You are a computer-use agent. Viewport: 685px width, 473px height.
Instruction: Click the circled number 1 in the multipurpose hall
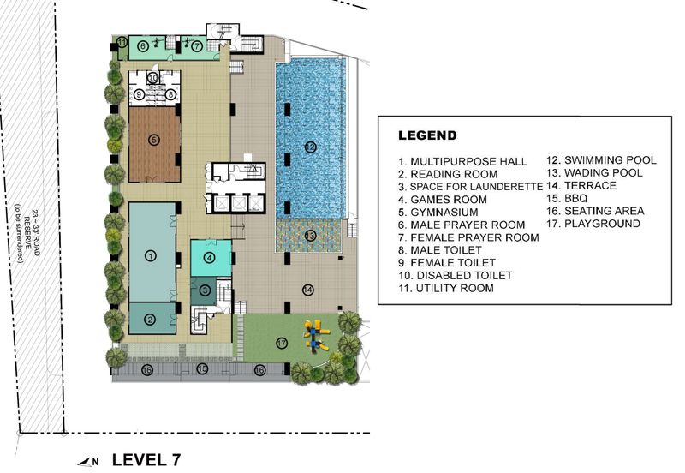coord(150,254)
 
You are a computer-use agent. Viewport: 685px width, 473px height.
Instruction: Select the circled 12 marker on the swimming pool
coord(310,147)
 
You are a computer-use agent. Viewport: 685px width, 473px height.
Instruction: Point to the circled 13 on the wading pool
coord(310,235)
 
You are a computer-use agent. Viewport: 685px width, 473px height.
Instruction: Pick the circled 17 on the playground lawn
coord(281,343)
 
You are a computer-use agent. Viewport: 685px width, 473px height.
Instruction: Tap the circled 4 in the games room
coord(209,257)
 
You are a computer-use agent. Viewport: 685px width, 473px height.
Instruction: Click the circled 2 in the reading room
coord(150,320)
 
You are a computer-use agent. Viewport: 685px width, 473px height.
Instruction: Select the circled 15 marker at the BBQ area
coord(202,369)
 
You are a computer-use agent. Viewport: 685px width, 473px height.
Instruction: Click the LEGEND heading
coord(427,135)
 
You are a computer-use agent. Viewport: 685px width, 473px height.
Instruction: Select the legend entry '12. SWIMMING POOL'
coord(602,160)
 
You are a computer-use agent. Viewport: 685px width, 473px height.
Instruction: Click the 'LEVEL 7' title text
coord(146,459)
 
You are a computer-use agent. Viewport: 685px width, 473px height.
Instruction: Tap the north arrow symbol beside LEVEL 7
coord(88,461)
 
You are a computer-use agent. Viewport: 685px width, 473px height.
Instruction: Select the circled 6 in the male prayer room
coord(143,45)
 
